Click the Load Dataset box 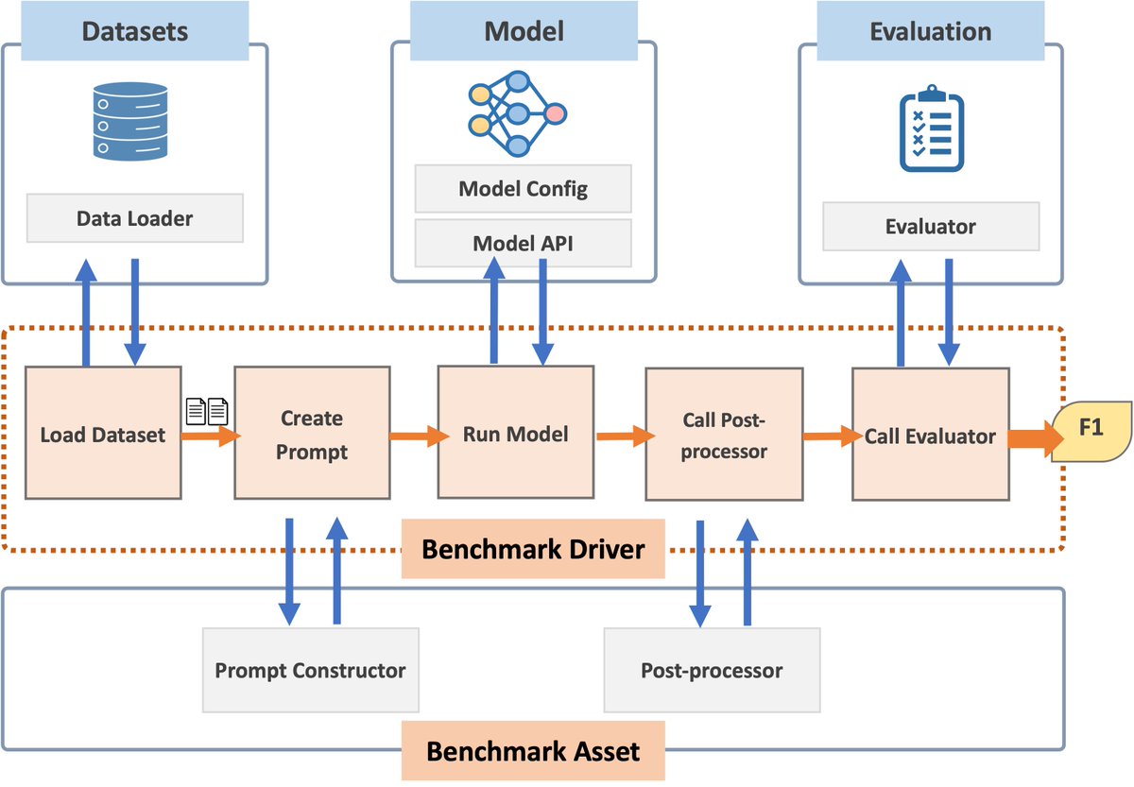[103, 435]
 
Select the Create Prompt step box [312, 434]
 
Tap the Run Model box [516, 434]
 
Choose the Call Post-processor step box [723, 435]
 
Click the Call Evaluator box [930, 435]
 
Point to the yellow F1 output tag [1091, 429]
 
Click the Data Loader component [134, 218]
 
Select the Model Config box [523, 189]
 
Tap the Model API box [523, 244]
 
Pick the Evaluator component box [931, 227]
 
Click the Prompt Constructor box [310, 671]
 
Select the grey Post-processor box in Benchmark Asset [712, 671]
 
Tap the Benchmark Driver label [533, 549]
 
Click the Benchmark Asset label [533, 751]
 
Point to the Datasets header [135, 31]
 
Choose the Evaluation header [930, 31]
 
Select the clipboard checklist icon [931, 128]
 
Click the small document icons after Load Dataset [207, 412]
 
